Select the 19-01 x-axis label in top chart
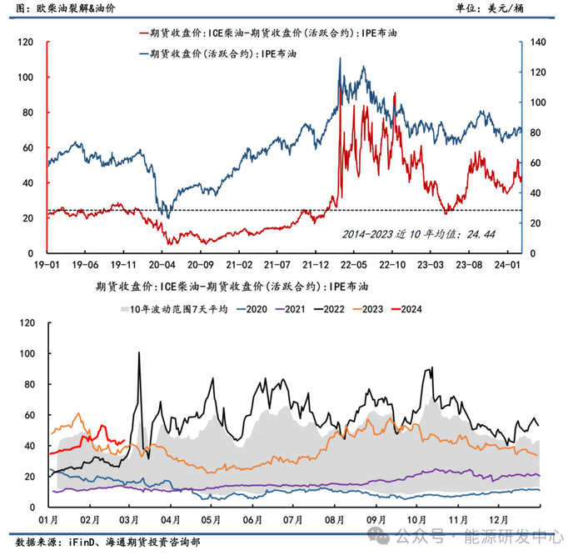point(47,265)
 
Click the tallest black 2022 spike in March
point(138,353)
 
